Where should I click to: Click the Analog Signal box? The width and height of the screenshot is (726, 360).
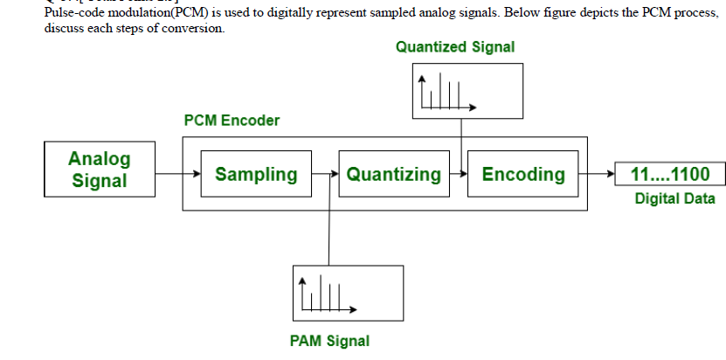coord(99,170)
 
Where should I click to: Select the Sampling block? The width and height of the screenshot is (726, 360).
coord(255,174)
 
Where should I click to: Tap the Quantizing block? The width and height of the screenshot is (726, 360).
coord(393,174)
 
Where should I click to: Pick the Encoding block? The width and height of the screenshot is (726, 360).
coord(523,174)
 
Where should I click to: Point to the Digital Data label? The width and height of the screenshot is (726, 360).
coord(674,199)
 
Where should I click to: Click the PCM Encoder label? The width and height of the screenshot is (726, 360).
coord(232,121)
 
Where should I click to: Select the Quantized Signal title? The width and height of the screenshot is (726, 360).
coord(455,47)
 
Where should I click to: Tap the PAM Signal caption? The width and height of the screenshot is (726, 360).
coord(329,341)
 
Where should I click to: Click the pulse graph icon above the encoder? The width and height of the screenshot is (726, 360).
coord(446,92)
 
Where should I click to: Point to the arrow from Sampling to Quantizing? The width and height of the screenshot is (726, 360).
coord(324,174)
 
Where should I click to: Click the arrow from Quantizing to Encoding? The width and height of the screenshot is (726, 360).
coord(460,174)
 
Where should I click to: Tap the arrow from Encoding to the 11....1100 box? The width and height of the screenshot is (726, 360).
coord(601,174)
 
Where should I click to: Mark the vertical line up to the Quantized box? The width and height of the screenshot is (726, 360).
coord(460,140)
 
